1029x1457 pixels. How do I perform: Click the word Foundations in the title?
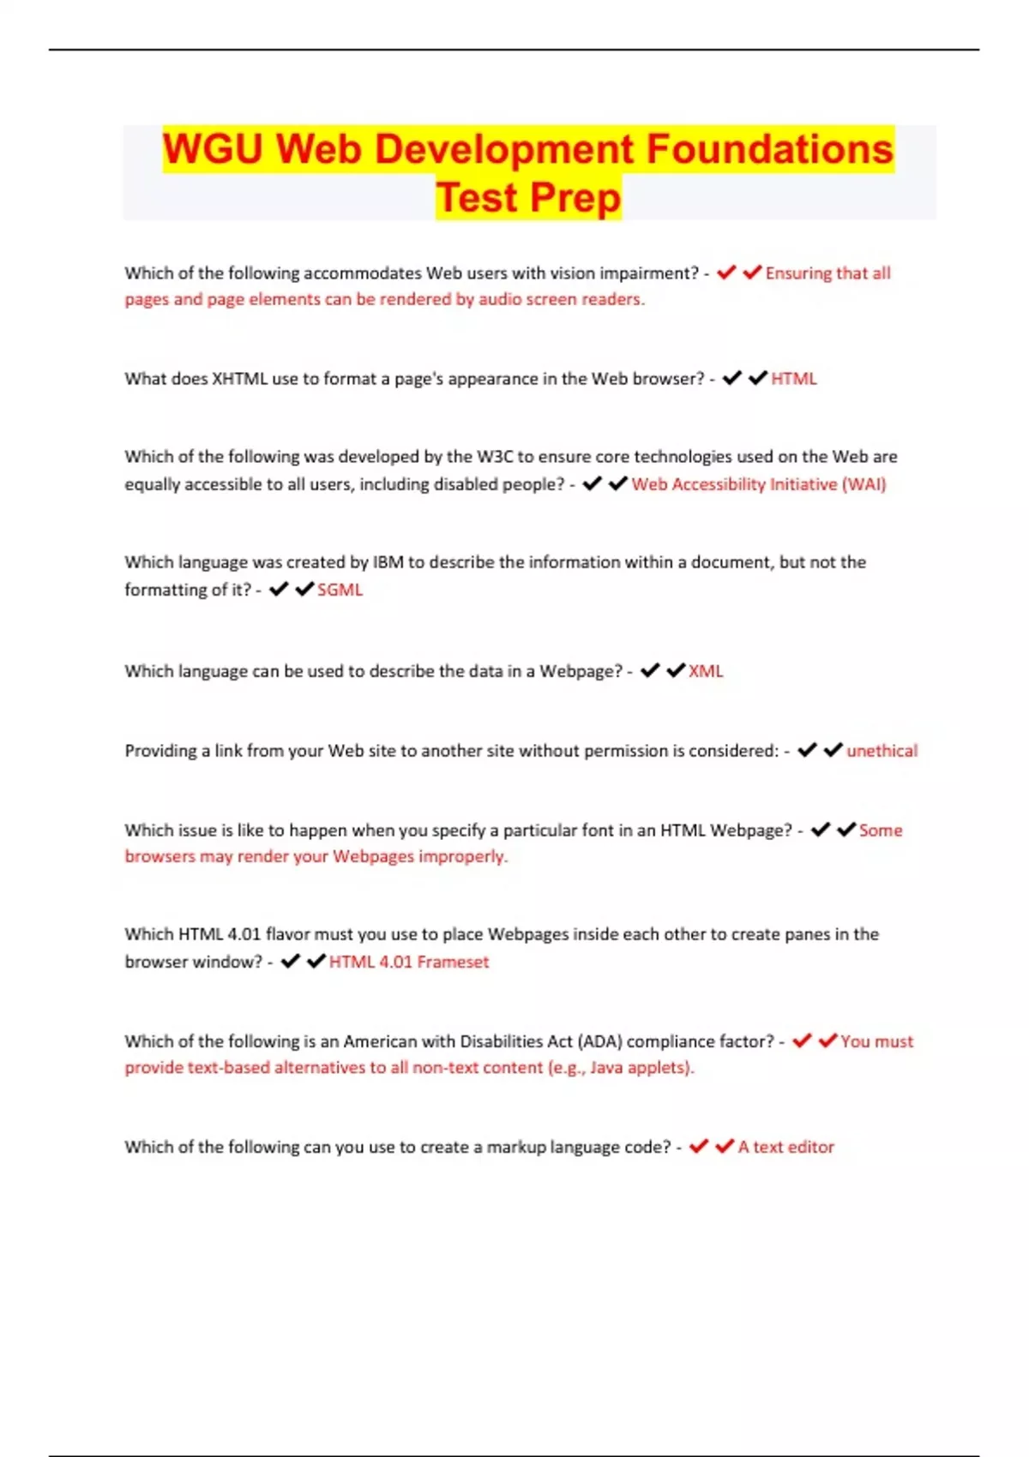click(769, 149)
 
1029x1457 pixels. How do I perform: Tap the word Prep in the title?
click(575, 198)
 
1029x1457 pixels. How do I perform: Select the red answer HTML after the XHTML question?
click(794, 379)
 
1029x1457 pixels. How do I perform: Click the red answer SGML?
click(340, 590)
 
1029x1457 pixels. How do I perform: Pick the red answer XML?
click(706, 671)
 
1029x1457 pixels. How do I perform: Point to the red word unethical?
click(882, 751)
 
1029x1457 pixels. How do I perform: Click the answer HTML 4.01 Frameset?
click(409, 962)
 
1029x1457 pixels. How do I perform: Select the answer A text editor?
click(785, 1147)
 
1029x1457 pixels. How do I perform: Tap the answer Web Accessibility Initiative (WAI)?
click(759, 484)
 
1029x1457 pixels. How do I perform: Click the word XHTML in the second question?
click(239, 379)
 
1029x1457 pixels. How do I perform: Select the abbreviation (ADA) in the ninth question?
click(599, 1041)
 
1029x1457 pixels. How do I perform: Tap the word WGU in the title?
click(213, 149)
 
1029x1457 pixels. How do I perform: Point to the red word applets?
click(661, 1068)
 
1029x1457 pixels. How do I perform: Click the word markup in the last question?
click(515, 1147)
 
